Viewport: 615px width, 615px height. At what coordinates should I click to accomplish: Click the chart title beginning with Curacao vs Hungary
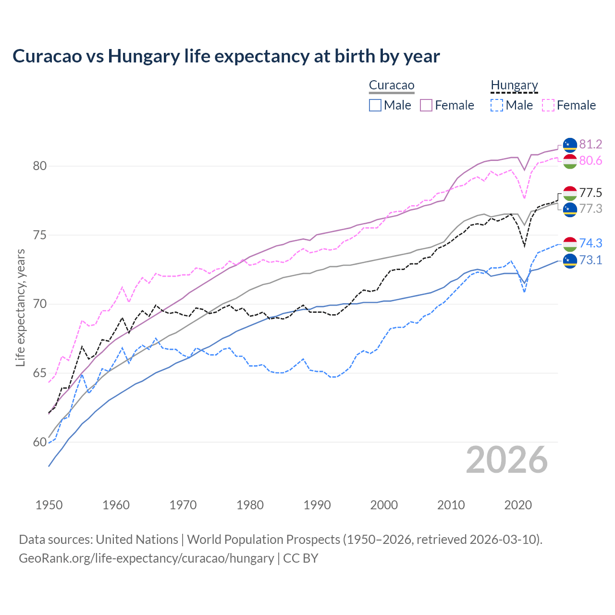226,56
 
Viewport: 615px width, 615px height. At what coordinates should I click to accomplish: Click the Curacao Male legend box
375,105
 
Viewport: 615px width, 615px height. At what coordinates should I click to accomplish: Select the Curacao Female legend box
426,105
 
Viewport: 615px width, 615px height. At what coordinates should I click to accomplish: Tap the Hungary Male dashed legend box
497,105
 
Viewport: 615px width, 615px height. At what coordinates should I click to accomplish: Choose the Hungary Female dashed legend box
548,105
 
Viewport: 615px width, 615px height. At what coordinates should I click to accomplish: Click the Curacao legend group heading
392,86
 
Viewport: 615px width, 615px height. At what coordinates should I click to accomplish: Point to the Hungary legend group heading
514,86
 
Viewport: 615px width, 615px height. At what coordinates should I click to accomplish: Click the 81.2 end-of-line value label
590,145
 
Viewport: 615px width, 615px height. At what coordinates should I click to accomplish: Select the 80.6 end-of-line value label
590,161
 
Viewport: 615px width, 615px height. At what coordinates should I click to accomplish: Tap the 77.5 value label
590,193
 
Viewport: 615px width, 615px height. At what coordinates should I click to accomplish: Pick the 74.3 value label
590,244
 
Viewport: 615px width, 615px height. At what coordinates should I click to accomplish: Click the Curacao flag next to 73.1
570,260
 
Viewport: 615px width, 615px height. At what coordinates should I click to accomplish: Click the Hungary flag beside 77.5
570,193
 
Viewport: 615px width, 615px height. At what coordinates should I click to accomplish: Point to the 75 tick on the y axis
40,235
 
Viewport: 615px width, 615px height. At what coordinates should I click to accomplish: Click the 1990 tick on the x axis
317,505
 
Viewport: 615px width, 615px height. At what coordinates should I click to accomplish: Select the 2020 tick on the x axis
518,505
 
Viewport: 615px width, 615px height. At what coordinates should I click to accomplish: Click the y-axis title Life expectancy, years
21,307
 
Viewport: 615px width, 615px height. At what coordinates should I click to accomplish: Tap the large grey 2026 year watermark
507,460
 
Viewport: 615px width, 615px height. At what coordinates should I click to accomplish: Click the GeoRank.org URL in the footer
146,558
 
